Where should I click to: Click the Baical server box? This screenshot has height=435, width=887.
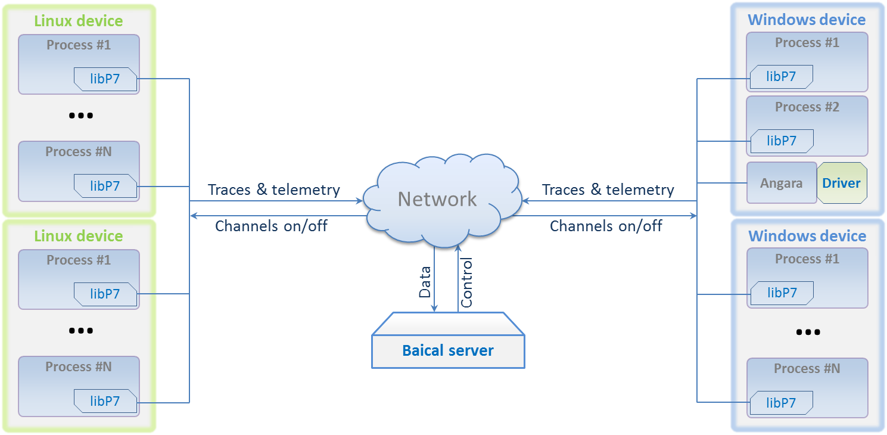[x=448, y=350]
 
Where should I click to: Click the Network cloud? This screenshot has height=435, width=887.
[x=437, y=199]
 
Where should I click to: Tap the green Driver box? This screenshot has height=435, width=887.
[x=841, y=183]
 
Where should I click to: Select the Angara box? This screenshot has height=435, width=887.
[x=781, y=184]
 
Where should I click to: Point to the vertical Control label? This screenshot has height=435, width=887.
[x=466, y=282]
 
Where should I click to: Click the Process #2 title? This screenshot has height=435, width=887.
[x=807, y=107]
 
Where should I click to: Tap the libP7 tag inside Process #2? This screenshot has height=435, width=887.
[x=781, y=141]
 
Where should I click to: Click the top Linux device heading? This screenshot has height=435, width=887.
[x=78, y=21]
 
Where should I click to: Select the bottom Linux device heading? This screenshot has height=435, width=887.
[x=78, y=236]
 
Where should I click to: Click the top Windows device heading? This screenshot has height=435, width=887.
[x=807, y=20]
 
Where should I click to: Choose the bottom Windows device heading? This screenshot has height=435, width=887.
[x=807, y=236]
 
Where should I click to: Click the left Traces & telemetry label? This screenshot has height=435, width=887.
[x=273, y=190]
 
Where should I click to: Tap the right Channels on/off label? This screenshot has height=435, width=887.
[x=606, y=226]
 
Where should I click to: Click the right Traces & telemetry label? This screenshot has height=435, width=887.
[x=608, y=190]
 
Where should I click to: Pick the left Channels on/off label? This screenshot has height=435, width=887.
[x=271, y=226]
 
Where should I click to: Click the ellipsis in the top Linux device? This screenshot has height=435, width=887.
[x=80, y=116]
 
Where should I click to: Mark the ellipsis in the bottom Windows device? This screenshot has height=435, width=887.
[x=807, y=333]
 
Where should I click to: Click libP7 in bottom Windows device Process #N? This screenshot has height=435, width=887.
[x=781, y=403]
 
